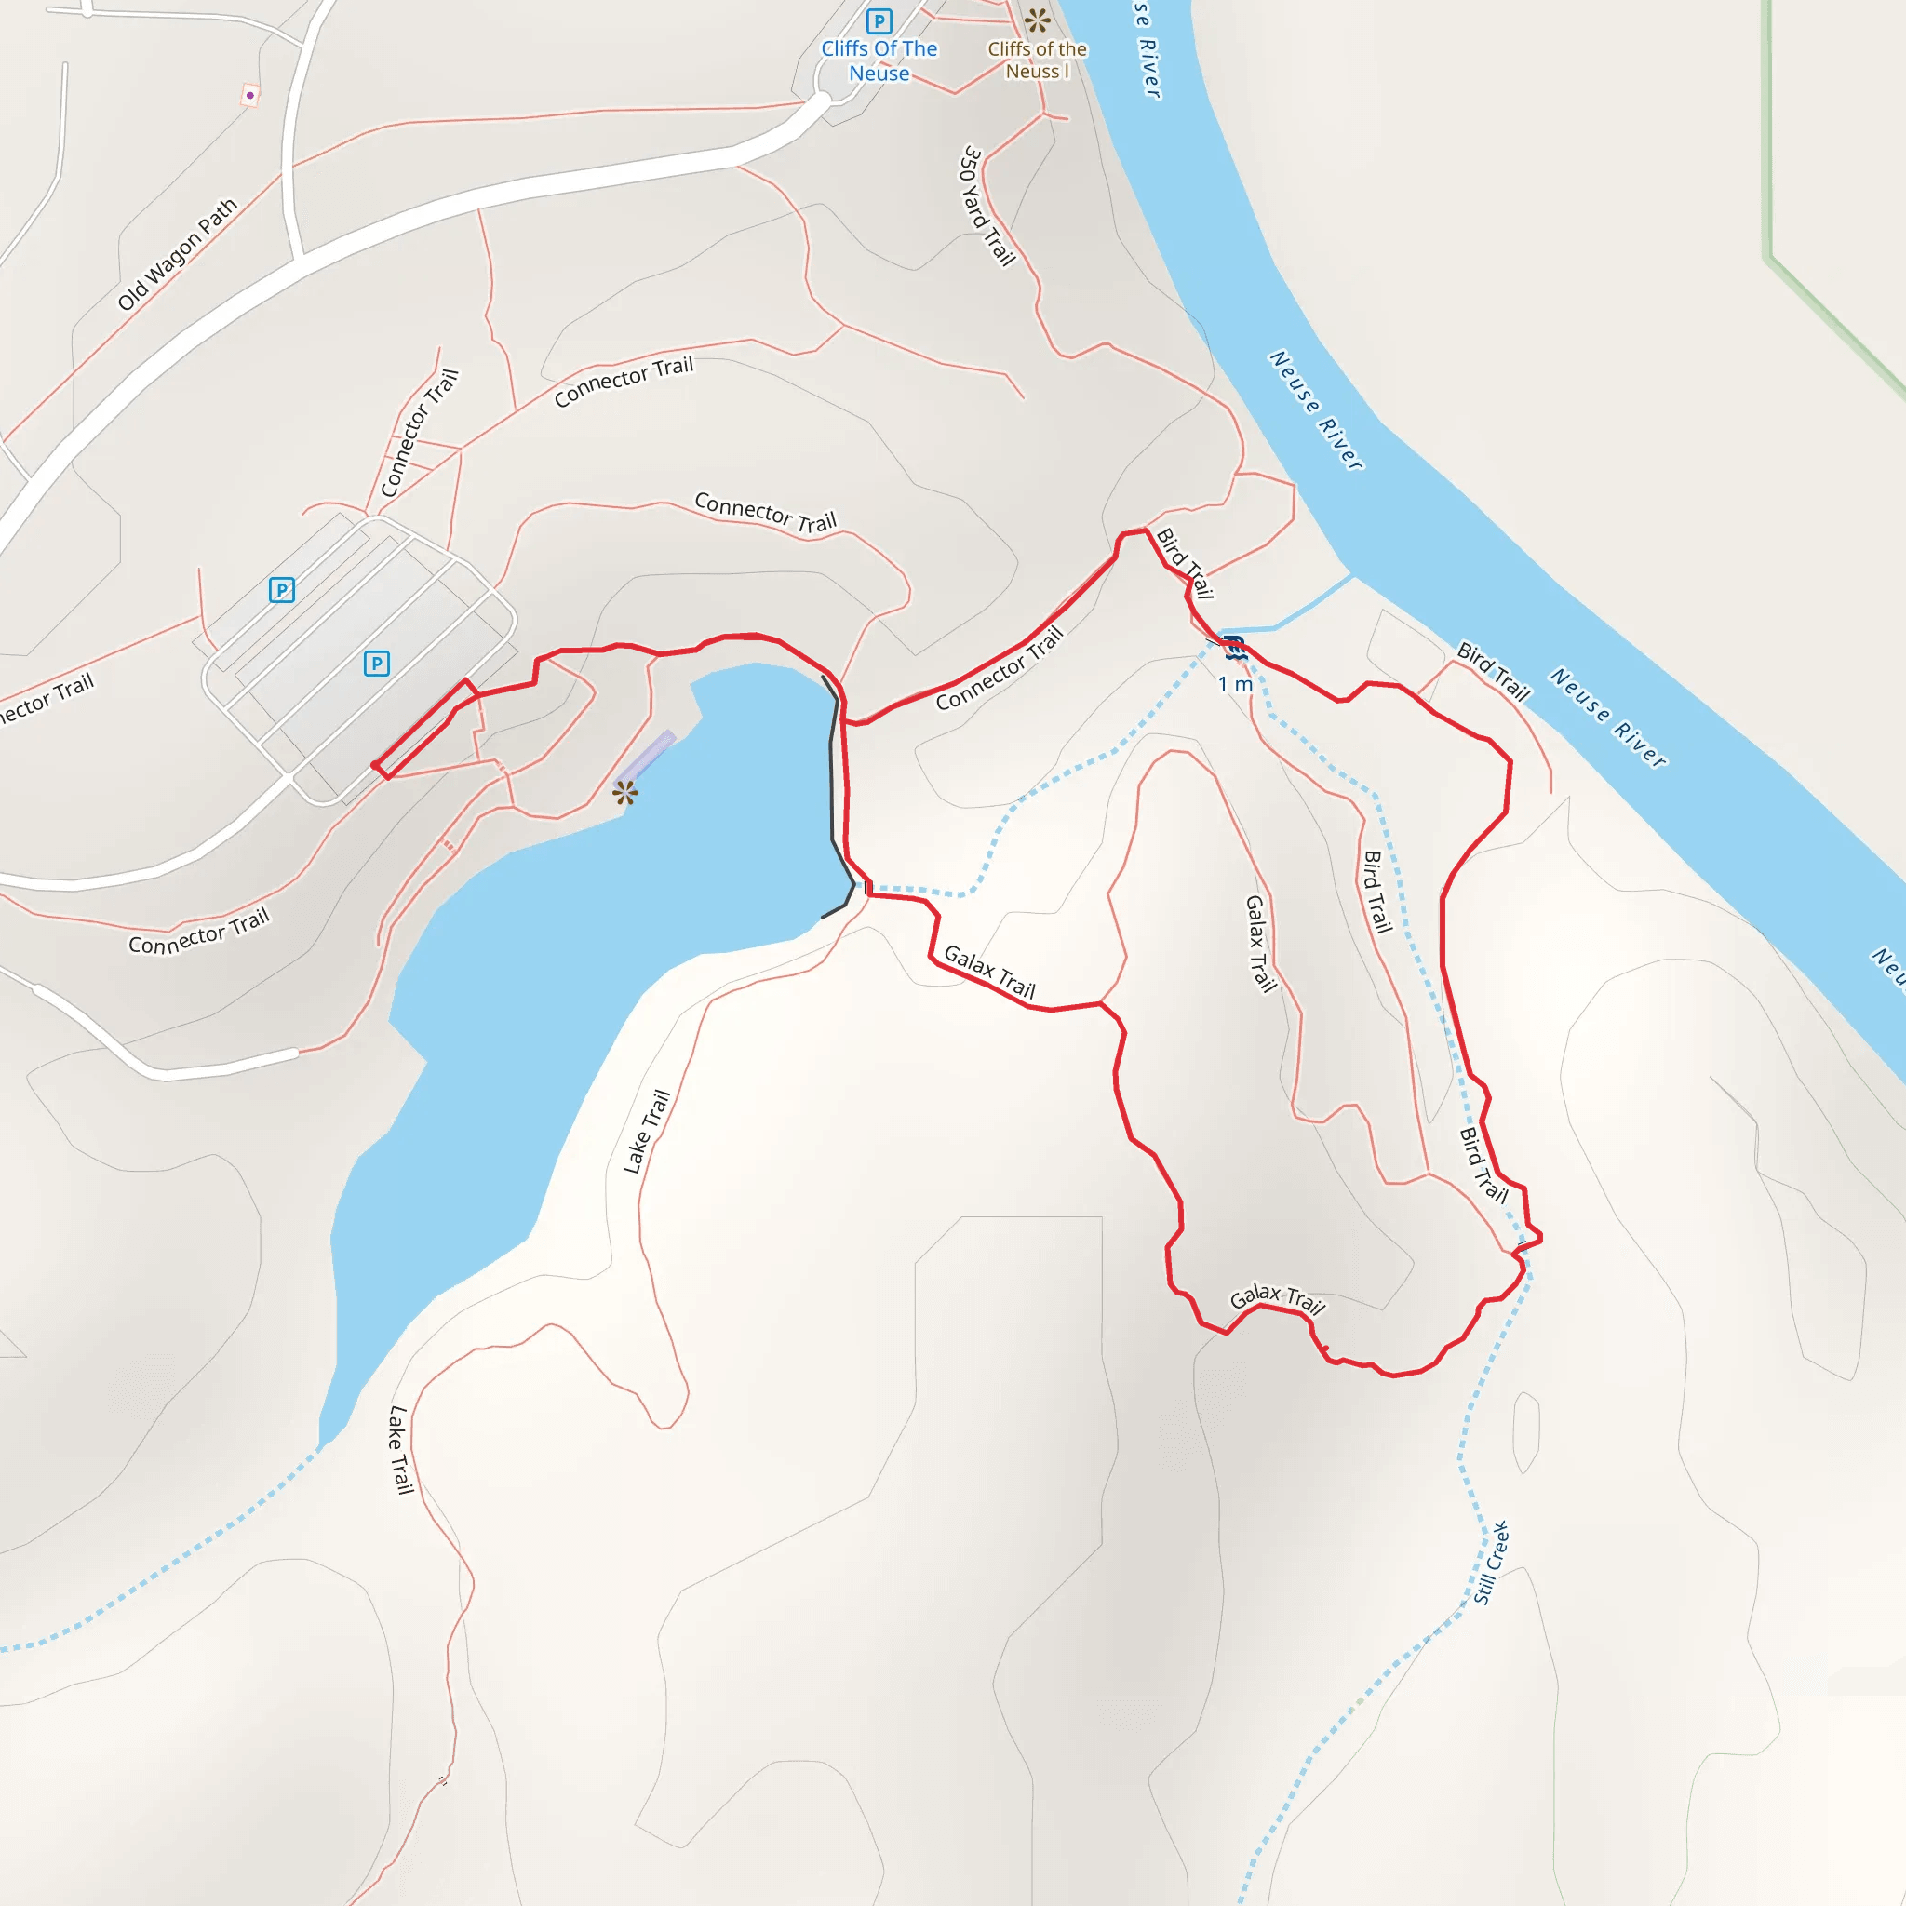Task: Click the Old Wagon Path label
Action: (x=178, y=254)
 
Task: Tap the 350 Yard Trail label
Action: (x=987, y=207)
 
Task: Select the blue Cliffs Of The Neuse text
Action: (x=879, y=61)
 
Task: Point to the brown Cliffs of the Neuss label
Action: (x=1037, y=60)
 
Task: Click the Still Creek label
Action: (x=1491, y=1563)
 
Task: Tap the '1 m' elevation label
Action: (x=1234, y=684)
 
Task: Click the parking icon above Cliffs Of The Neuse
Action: (x=878, y=20)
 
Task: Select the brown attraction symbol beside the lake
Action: (x=624, y=792)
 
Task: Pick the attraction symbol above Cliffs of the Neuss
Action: (x=1037, y=20)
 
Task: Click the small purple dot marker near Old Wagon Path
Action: (x=250, y=96)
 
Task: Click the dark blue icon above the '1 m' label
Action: (x=1234, y=648)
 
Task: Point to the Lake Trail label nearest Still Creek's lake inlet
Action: (x=399, y=1450)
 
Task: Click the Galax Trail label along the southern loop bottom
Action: (x=1277, y=1299)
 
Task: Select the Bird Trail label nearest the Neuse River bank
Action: (x=1494, y=672)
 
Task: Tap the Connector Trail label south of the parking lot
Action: (x=199, y=933)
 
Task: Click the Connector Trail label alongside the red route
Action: (x=1000, y=669)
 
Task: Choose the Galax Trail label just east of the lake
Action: (x=989, y=972)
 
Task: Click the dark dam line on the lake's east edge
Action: (x=833, y=779)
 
